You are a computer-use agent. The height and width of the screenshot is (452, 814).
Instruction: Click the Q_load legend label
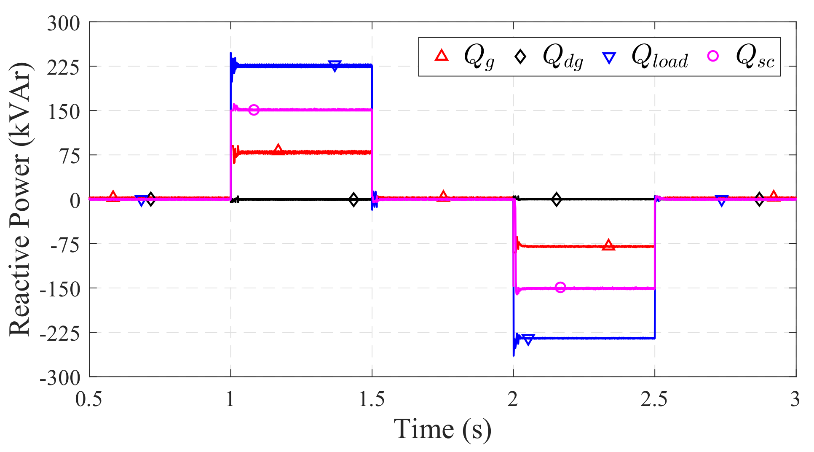(659, 57)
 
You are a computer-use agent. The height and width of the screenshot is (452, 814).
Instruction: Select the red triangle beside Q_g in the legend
(441, 56)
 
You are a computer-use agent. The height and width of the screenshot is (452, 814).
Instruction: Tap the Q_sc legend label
(755, 57)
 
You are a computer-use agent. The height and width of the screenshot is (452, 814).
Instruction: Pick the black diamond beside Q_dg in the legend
(521, 56)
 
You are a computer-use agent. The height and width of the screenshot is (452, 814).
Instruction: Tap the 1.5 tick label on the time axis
(372, 399)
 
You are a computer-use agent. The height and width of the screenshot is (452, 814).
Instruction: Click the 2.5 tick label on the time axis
(654, 399)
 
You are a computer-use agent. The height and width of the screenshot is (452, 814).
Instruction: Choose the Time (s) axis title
(442, 429)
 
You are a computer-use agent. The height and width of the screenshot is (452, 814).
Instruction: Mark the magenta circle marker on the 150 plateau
(254, 110)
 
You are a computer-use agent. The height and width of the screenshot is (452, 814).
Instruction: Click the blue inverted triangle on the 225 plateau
(335, 66)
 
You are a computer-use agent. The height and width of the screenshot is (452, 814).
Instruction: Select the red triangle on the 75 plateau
(278, 150)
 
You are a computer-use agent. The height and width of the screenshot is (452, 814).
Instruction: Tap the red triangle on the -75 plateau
(608, 245)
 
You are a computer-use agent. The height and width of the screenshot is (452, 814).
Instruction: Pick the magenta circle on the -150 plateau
(560, 288)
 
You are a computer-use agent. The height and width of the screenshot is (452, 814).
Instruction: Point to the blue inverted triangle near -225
(528, 339)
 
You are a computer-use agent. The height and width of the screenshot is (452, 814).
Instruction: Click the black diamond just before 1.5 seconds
(353, 200)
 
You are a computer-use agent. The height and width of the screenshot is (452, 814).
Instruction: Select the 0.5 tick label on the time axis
(89, 399)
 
